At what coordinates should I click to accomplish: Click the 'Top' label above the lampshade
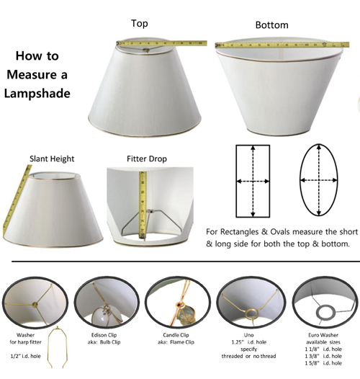click(140, 24)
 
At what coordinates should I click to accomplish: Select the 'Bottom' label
click(271, 25)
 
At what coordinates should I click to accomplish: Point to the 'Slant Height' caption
click(52, 158)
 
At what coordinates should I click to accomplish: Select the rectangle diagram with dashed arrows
click(253, 179)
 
